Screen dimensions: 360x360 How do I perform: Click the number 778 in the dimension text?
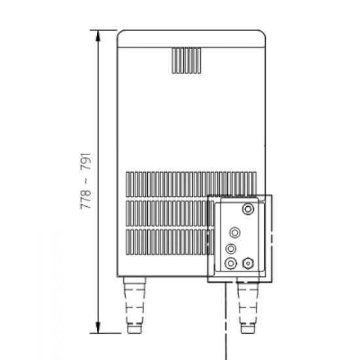tap(86, 199)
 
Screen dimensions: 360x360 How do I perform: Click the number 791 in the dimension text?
tap(86, 162)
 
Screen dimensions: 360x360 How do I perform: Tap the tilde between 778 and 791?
tap(86, 181)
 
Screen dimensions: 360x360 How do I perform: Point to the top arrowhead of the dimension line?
tap(98, 35)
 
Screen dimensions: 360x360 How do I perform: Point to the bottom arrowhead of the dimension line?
tap(98, 327)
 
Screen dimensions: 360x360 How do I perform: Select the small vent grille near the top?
tap(187, 61)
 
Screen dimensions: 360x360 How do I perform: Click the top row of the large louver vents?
tap(191, 184)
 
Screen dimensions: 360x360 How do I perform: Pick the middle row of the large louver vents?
tap(168, 213)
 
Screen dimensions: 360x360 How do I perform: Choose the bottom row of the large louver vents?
tap(168, 242)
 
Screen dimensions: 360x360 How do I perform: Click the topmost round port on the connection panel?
tap(248, 209)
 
